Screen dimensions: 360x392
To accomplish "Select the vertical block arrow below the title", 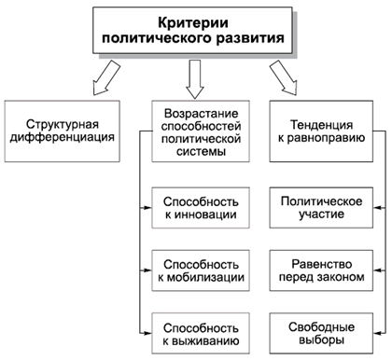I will (x=195, y=77).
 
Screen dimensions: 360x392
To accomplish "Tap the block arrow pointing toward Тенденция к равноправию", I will (x=283, y=76).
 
